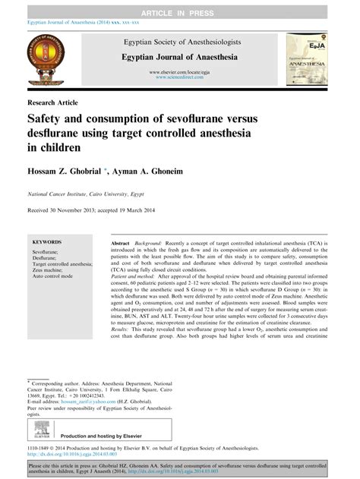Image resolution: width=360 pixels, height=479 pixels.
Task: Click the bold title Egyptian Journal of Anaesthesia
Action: [x=180, y=57]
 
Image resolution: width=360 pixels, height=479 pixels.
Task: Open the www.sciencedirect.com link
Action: [x=181, y=77]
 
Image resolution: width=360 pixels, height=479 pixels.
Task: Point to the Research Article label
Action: [x=52, y=102]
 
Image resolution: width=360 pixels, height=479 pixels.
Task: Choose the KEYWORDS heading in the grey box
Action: [x=47, y=240]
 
